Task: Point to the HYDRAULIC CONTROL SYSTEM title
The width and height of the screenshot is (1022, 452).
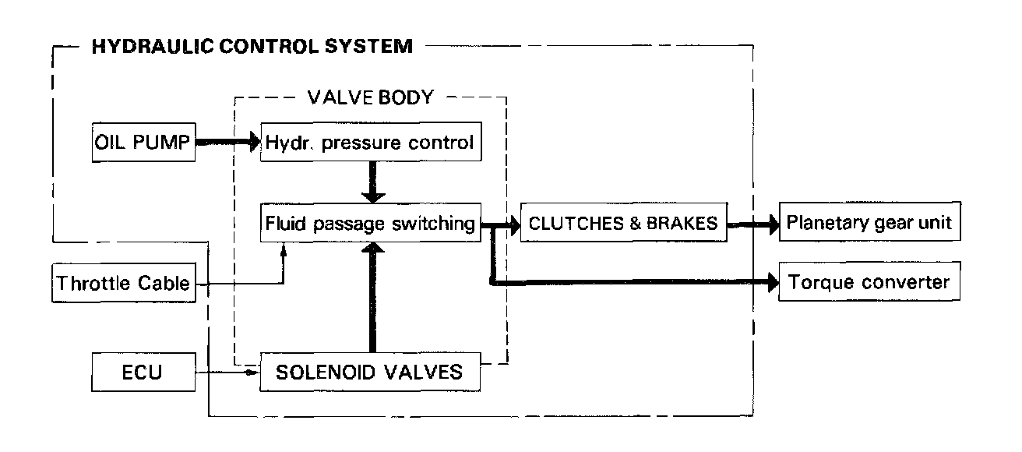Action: [252, 47]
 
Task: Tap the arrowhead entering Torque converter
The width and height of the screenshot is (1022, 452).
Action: [773, 283]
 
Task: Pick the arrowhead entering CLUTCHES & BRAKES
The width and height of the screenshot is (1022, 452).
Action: [513, 224]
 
